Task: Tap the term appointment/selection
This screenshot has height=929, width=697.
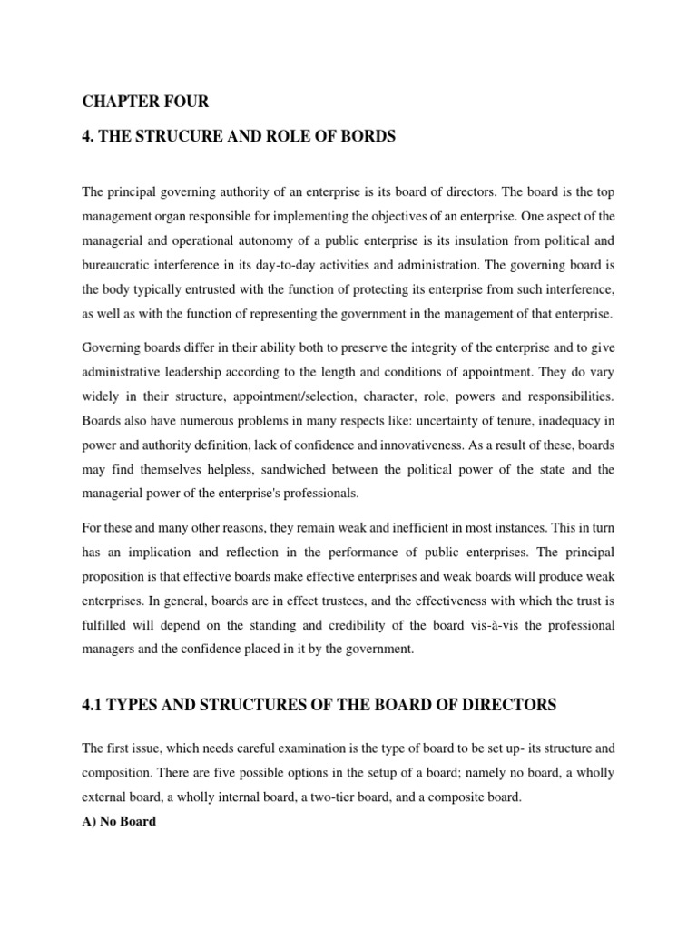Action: point(300,396)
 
